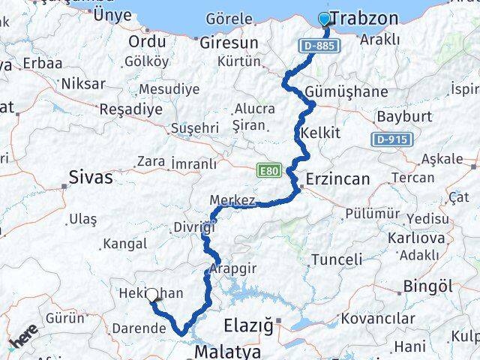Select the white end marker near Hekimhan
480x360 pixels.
click(153, 296)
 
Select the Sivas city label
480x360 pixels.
click(90, 178)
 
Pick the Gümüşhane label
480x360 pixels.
click(347, 92)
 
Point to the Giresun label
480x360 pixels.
click(229, 43)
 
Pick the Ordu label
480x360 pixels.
click(147, 41)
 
